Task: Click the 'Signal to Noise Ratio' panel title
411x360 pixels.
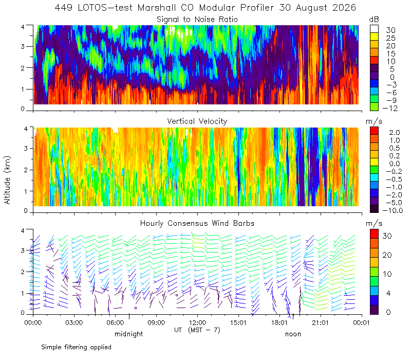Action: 197,20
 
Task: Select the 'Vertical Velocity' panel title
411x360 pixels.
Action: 197,121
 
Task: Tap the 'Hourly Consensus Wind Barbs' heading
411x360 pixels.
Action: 197,223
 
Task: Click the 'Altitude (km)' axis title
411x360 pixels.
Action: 7,180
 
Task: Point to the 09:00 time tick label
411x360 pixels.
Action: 156,322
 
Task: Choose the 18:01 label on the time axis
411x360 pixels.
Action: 279,322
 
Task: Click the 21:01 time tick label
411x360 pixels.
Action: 320,322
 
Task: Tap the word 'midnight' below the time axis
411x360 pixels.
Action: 129,334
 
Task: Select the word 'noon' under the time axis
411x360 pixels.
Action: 293,334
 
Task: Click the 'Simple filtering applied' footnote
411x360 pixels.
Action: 76,347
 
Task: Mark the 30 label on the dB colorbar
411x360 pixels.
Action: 390,30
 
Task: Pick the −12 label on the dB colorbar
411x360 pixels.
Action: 390,108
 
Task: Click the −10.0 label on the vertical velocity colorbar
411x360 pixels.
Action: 393,210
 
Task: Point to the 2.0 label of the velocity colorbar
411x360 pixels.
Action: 395,133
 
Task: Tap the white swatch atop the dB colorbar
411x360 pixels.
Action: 374,29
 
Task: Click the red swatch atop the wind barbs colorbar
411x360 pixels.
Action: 374,234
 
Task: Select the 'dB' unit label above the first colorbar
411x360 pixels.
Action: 374,20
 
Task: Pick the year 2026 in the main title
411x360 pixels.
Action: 344,8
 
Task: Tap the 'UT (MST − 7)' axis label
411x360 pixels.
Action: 197,330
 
